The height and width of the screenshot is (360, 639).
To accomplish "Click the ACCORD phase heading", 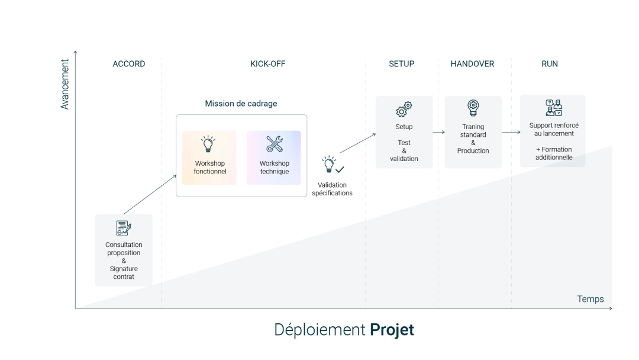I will pos(128,64).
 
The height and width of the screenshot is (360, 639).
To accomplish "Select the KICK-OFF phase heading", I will pos(267,64).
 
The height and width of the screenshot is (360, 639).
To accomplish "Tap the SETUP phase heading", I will pos(401,64).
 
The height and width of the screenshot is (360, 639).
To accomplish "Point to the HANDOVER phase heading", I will pos(472,64).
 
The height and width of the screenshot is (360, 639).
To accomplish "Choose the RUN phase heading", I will pos(550,64).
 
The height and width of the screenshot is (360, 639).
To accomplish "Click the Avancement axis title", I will pos(65,84).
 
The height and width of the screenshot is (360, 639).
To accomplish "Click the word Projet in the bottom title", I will pos(392,330).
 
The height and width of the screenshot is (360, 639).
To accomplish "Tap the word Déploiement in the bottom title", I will pos(320,330).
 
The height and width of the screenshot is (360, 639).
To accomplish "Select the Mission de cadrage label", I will pos(241,104).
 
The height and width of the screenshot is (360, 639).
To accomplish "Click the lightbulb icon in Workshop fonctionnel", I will pos(208,144).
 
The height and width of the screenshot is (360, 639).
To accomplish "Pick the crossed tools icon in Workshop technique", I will pos(274,144).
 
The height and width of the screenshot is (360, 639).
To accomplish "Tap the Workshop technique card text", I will pos(274,168).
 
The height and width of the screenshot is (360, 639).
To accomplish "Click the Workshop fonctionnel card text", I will pos(209,168).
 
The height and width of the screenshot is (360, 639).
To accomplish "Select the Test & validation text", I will pos(404,150).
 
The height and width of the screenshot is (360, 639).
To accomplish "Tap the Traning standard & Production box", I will pos(473,132).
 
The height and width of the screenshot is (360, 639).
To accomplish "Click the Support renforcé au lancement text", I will pos(553,130).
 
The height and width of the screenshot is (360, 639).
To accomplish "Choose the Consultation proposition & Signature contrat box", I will pos(124,250).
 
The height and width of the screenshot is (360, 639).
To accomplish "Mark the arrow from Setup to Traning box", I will pos(438,133).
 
